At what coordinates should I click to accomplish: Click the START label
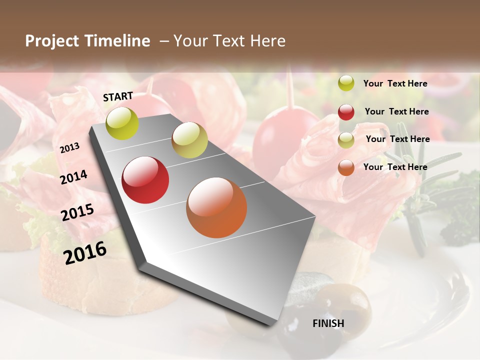(x=118, y=96)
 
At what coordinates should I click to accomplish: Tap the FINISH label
(x=328, y=323)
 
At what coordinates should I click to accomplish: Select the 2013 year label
(x=69, y=147)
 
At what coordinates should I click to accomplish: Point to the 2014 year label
(x=73, y=177)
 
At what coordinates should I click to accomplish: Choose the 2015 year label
(x=77, y=212)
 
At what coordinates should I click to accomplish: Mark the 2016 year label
(x=85, y=252)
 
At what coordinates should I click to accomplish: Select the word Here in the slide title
(x=267, y=41)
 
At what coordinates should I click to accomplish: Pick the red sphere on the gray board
(x=145, y=180)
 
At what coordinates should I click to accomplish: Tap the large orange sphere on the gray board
(x=216, y=207)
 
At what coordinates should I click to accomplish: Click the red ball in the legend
(x=346, y=112)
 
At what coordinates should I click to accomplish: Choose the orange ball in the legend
(x=346, y=167)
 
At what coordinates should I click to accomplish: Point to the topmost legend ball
(x=346, y=83)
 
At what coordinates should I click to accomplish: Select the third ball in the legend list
(x=346, y=140)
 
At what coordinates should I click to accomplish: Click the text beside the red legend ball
(x=396, y=111)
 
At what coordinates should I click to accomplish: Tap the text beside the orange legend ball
(x=395, y=167)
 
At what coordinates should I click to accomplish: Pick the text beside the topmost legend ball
(x=395, y=83)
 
